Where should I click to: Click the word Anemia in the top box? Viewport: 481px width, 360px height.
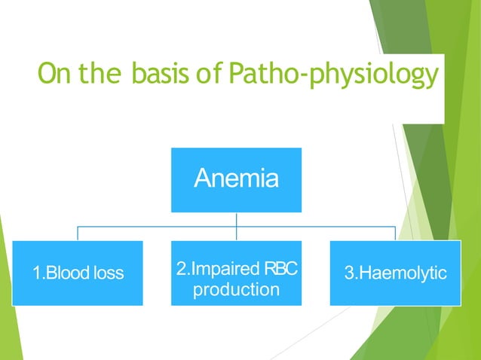coord(236,178)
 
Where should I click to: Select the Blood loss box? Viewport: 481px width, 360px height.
coord(77,273)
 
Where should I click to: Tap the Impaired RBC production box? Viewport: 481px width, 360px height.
coord(236,273)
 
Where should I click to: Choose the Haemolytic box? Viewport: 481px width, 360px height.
coord(395,273)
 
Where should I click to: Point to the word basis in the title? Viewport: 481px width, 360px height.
coord(164,75)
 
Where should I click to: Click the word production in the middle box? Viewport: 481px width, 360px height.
coord(236,289)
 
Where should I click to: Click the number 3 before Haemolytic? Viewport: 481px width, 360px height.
coord(349,273)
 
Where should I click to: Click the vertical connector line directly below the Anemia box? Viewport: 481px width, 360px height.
coord(236,219)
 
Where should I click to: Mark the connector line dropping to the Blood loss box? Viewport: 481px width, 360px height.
coord(77,233)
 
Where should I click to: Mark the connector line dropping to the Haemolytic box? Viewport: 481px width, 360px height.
coord(395,233)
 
